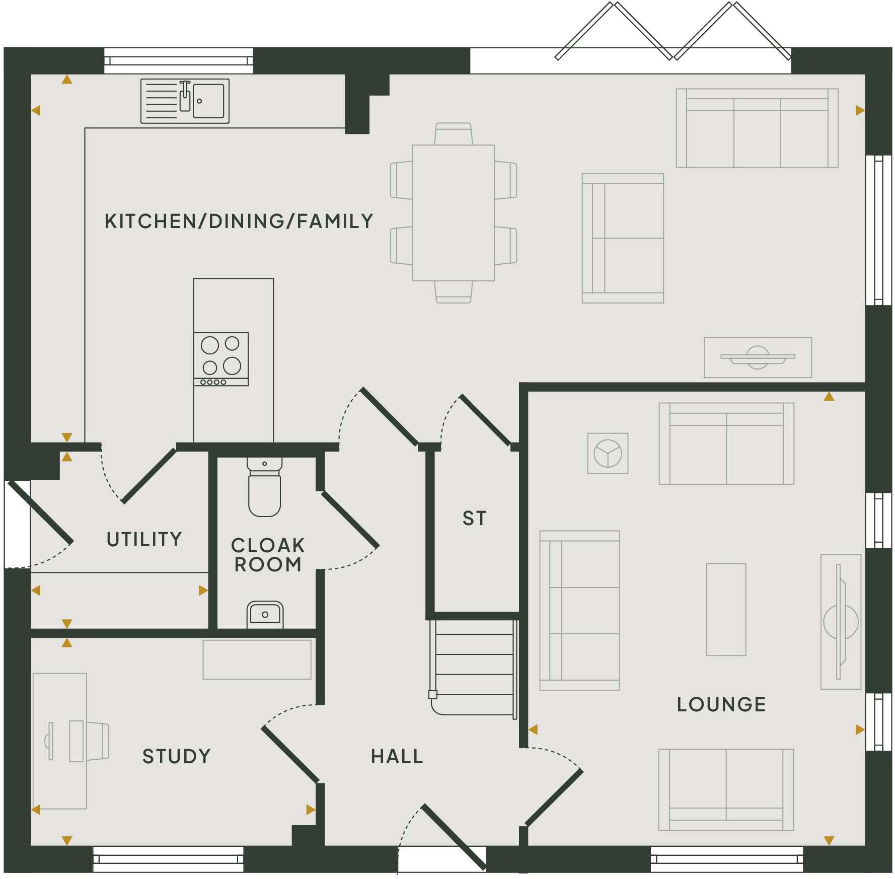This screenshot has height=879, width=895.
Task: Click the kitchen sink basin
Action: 208,101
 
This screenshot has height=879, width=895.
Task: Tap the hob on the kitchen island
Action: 221,358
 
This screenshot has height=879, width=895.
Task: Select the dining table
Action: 453,212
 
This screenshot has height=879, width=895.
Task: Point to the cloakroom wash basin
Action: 265,615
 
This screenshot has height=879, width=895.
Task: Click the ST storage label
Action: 475,519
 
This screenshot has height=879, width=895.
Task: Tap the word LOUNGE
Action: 721,705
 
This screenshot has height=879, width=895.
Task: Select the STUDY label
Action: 176,757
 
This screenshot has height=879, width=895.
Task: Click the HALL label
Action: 397,757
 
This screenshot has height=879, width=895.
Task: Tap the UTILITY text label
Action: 144,540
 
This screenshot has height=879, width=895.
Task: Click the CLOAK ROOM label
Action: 268,555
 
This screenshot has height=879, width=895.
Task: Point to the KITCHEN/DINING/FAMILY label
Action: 239,222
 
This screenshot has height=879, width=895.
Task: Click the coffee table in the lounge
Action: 726,609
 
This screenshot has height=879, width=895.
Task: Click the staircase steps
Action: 474,665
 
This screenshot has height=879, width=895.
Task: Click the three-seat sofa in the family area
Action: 757,128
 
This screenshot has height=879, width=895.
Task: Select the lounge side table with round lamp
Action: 608,453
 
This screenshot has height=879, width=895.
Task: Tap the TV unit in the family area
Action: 758,357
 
